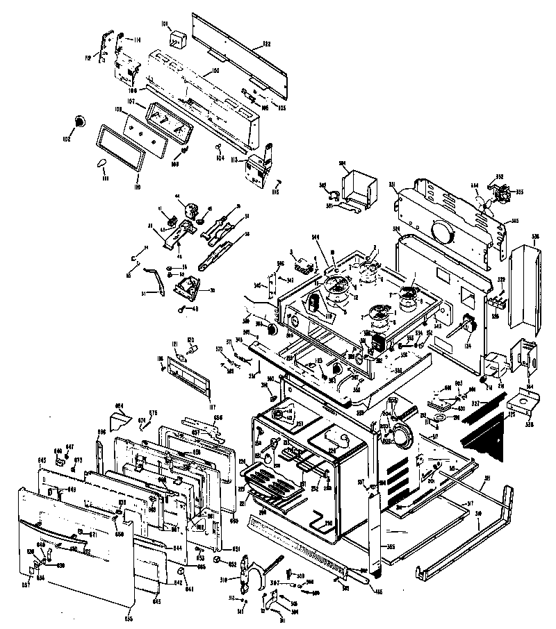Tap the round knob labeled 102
click(81, 122)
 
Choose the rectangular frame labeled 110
click(122, 146)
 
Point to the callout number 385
click(391, 547)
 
